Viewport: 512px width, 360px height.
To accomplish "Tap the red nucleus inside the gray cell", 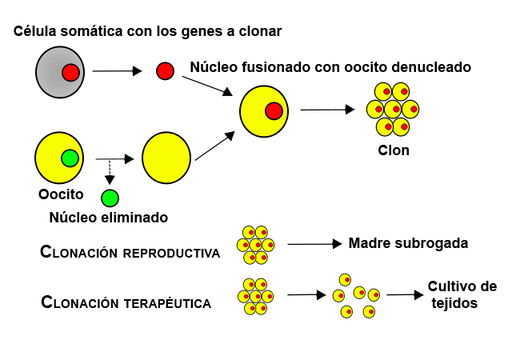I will (x=70, y=73).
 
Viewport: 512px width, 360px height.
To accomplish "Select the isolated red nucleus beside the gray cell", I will (x=165, y=71).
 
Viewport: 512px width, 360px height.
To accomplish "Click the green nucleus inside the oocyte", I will (x=70, y=158).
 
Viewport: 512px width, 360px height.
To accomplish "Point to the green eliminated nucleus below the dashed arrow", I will (x=110, y=198).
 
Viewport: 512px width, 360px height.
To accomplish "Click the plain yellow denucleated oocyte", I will (x=166, y=157).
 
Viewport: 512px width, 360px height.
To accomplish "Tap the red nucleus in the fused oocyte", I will (x=274, y=111).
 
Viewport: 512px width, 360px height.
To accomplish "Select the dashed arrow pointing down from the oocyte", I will (x=110, y=171).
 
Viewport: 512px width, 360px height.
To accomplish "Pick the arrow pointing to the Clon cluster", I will (x=328, y=110).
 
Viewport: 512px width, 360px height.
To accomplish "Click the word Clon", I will (x=393, y=150).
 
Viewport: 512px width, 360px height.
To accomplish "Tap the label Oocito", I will (x=61, y=194).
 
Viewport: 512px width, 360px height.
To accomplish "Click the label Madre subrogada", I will (x=408, y=243).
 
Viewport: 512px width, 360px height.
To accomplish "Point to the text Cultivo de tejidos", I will (x=462, y=294).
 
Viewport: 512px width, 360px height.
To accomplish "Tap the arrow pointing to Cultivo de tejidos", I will (x=405, y=294).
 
